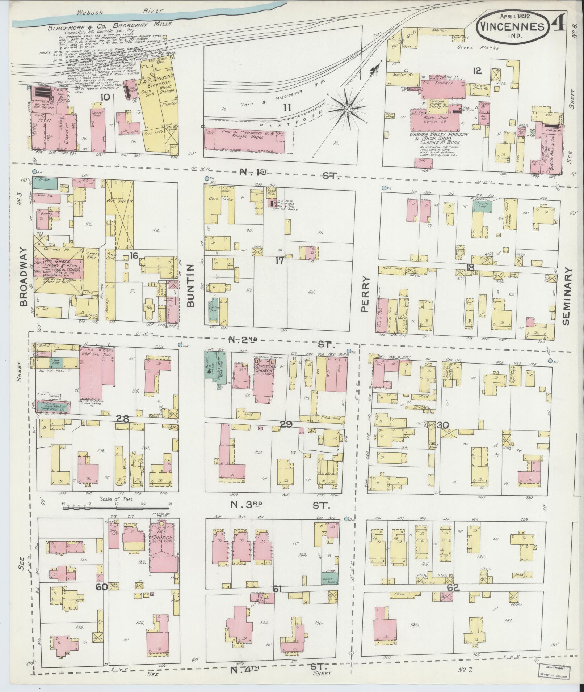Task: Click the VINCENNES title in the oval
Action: click(512, 27)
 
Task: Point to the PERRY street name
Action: click(364, 294)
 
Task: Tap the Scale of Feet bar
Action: click(116, 508)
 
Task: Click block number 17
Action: click(279, 260)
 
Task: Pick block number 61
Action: click(277, 590)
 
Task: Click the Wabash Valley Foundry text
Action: click(439, 135)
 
